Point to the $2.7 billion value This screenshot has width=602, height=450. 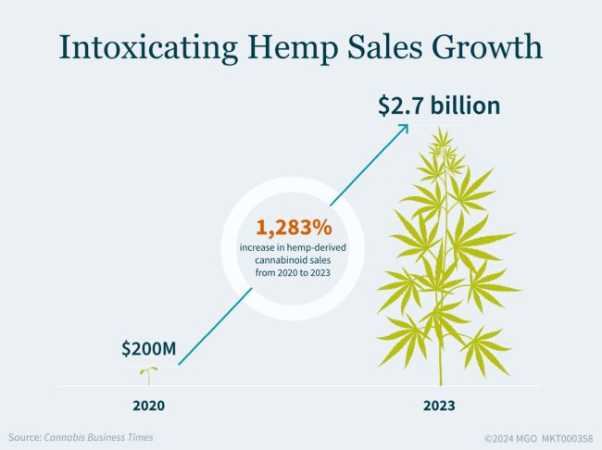pyautogui.click(x=439, y=105)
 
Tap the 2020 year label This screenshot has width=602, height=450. pyautogui.click(x=148, y=405)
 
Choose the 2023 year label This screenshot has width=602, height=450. pyautogui.click(x=439, y=405)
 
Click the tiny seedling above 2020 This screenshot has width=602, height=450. pyautogui.click(x=145, y=374)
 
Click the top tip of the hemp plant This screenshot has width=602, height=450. pyautogui.click(x=444, y=131)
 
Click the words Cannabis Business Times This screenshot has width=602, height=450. pyautogui.click(x=99, y=437)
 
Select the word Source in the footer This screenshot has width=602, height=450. pyautogui.click(x=24, y=437)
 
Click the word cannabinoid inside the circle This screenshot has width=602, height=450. pyautogui.click(x=259, y=262)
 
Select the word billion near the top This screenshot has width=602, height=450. pyautogui.click(x=463, y=105)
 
